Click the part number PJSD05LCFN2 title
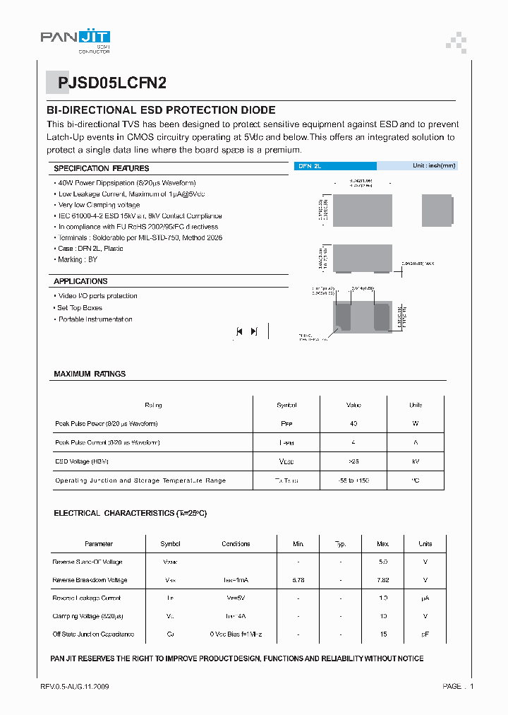(x=114, y=82)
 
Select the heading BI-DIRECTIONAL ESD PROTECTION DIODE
(x=161, y=110)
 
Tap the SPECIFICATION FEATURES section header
(x=102, y=168)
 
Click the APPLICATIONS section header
(x=80, y=281)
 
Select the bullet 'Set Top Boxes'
(x=79, y=308)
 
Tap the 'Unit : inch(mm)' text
(x=434, y=166)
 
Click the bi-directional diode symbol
(x=246, y=331)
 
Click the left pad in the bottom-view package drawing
(x=343, y=315)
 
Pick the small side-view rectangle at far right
(x=436, y=210)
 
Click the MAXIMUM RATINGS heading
(x=90, y=374)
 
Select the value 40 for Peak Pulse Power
(x=353, y=424)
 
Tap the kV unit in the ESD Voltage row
(x=416, y=461)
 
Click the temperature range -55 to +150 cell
(x=353, y=480)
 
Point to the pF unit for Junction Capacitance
(x=425, y=634)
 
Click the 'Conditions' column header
(x=236, y=544)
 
